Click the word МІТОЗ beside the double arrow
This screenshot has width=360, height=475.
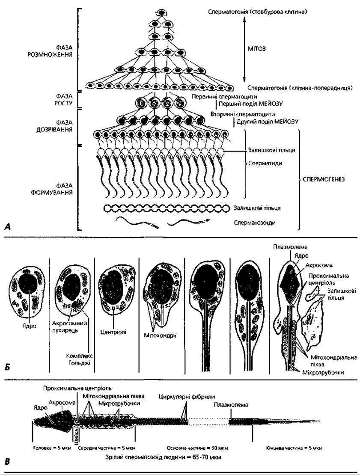(257, 49)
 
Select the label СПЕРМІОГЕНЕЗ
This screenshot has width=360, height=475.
(323, 179)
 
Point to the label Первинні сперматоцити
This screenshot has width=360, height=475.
(224, 97)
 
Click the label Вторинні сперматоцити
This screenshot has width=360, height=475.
(243, 115)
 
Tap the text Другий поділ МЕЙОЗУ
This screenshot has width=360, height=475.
(267, 122)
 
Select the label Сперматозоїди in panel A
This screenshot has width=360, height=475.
(255, 223)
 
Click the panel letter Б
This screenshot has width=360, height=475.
(8, 367)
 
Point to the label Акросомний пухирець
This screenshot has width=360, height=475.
(69, 326)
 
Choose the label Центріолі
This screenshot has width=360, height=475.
(113, 332)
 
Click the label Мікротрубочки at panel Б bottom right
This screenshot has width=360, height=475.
(323, 372)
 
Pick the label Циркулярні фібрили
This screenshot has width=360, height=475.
(187, 397)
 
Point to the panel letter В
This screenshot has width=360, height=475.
(8, 462)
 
